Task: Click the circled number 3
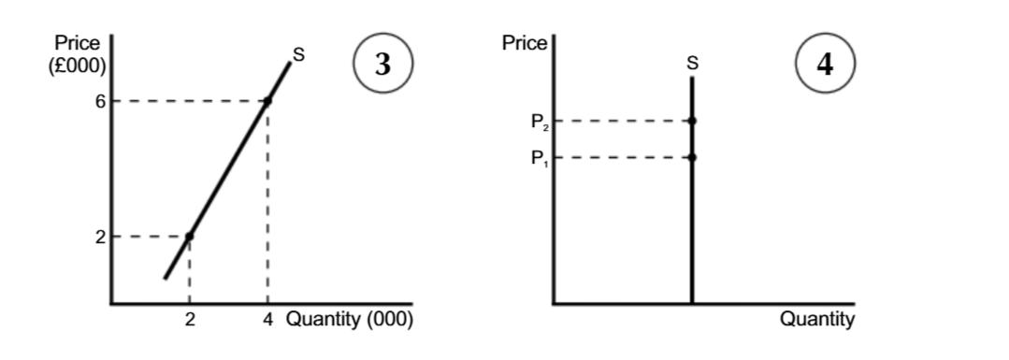pos(381,64)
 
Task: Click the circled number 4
pos(823,64)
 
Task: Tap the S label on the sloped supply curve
pos(298,52)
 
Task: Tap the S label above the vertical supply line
pos(691,64)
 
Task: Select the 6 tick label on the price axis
pos(99,101)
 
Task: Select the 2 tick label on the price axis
pos(99,237)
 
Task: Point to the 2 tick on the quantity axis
pos(189,321)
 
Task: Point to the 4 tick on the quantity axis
pos(267,321)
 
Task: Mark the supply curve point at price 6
pos(267,101)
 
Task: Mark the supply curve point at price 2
pos(189,237)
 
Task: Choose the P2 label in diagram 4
pos(538,121)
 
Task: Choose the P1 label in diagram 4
pos(538,157)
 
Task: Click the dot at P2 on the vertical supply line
pos(692,121)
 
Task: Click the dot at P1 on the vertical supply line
pos(692,157)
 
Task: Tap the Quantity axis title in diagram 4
pos(817,320)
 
